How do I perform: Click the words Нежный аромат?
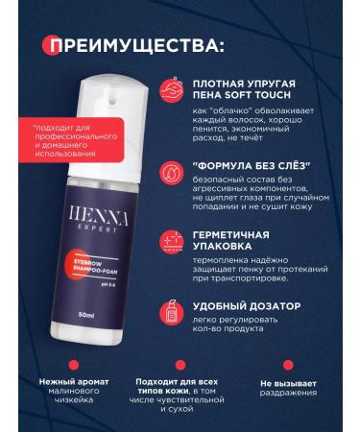72,382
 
